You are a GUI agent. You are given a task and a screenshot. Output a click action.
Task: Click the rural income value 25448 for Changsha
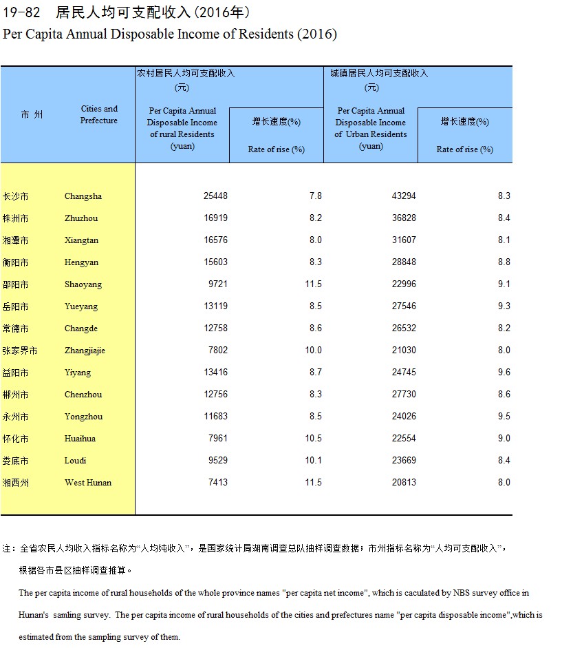click(x=215, y=196)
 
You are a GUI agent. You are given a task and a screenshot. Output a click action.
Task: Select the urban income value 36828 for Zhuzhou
click(x=404, y=218)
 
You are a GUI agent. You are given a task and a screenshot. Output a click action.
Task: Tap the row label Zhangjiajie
click(x=85, y=351)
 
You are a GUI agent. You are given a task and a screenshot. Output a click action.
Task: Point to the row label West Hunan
click(x=88, y=483)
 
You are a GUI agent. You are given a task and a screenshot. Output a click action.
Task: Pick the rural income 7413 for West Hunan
click(x=217, y=483)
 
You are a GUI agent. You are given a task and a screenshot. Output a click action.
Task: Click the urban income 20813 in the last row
click(x=404, y=483)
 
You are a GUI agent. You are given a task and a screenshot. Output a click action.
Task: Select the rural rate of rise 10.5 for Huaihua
click(x=313, y=439)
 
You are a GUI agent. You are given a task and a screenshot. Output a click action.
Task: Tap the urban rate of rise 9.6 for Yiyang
click(x=504, y=373)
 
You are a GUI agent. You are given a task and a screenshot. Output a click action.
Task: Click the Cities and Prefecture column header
click(x=99, y=114)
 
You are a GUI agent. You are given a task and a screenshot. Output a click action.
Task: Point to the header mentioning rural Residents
click(x=182, y=128)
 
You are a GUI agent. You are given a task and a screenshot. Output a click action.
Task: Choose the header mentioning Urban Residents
click(x=371, y=128)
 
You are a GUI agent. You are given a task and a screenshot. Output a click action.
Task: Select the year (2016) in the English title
click(x=316, y=34)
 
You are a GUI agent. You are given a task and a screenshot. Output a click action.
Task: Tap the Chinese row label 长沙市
click(x=16, y=196)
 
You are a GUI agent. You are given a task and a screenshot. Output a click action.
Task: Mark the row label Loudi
click(x=75, y=461)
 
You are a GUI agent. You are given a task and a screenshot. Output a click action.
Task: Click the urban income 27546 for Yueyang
click(x=404, y=306)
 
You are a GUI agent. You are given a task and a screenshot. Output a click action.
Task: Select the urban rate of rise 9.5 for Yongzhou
click(x=504, y=417)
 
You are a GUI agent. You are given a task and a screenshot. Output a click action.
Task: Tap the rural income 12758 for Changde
click(x=215, y=328)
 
